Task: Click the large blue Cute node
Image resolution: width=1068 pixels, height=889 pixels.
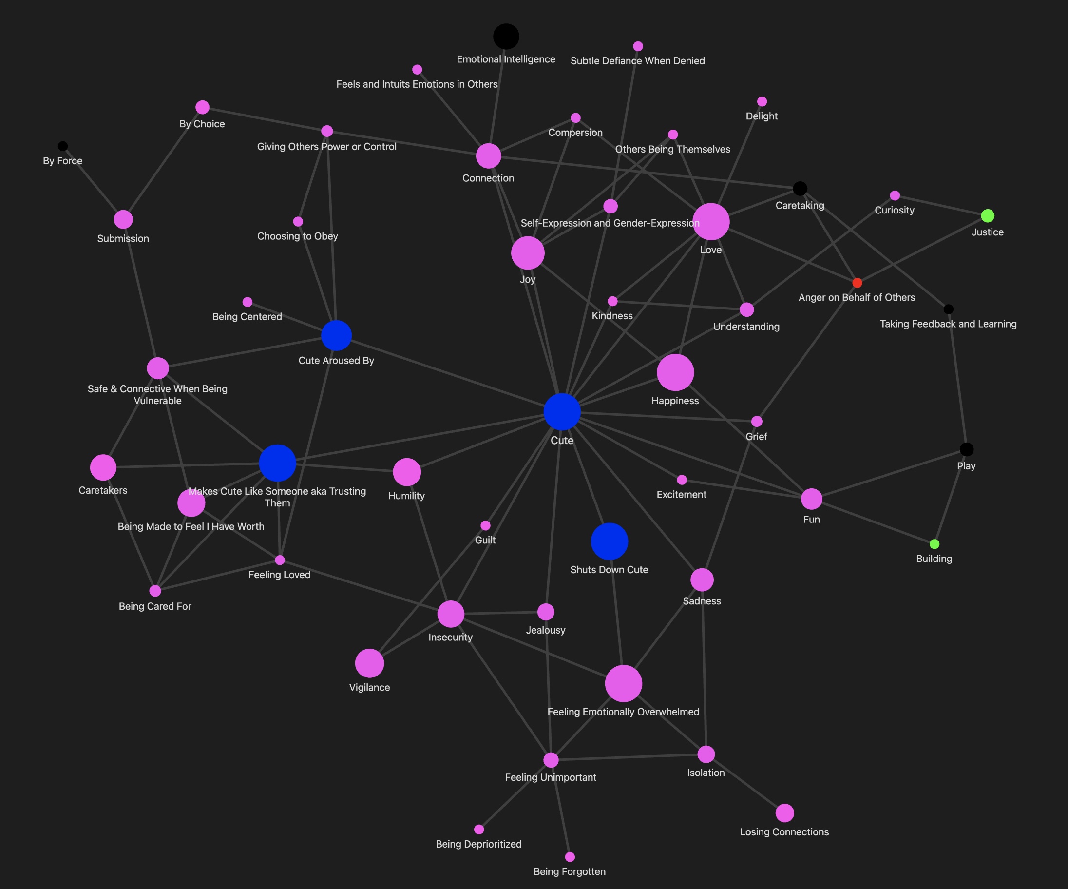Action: pyautogui.click(x=562, y=412)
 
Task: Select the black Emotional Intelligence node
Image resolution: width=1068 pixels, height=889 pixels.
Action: pyautogui.click(x=506, y=37)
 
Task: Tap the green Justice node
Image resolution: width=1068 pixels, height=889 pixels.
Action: pyautogui.click(x=988, y=216)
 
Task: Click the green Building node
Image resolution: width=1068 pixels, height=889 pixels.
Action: pyautogui.click(x=934, y=544)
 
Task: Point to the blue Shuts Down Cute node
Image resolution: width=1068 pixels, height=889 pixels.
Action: pyautogui.click(x=609, y=541)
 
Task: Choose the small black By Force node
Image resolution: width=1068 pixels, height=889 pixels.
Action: pyautogui.click(x=62, y=146)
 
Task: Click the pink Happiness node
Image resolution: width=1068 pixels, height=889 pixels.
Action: pyautogui.click(x=675, y=372)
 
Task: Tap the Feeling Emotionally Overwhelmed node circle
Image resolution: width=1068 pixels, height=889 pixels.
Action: pyautogui.click(x=624, y=683)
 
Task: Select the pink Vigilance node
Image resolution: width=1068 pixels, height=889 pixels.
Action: pyautogui.click(x=369, y=663)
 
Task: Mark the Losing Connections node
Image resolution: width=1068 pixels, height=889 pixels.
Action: pyautogui.click(x=785, y=813)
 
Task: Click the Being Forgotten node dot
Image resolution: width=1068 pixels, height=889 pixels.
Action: pyautogui.click(x=570, y=857)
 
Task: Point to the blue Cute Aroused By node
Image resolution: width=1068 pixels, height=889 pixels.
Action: pyautogui.click(x=336, y=335)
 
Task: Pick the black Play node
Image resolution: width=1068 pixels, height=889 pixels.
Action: pyautogui.click(x=966, y=449)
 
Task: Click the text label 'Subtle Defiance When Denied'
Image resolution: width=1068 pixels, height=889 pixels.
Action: pyautogui.click(x=638, y=61)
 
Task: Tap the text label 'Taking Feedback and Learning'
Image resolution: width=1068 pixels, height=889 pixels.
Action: pyautogui.click(x=948, y=324)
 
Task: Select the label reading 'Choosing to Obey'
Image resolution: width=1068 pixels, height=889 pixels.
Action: pyautogui.click(x=298, y=236)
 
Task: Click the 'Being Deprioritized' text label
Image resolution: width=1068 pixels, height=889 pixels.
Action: pyautogui.click(x=478, y=844)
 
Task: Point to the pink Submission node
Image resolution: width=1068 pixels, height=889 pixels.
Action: pyautogui.click(x=123, y=219)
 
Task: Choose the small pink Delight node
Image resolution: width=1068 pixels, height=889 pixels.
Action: pyautogui.click(x=762, y=101)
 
